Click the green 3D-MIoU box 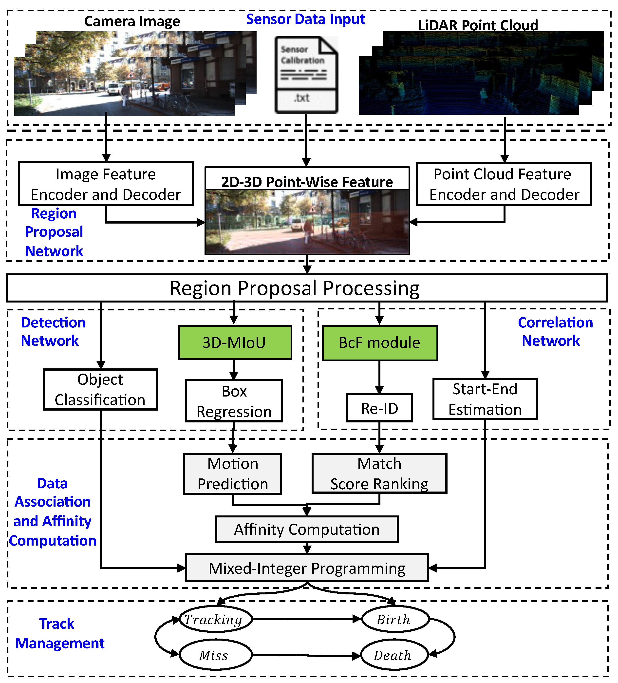(235, 342)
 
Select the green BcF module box (379, 343)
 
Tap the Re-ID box (379, 408)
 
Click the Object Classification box (100, 390)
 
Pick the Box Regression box (234, 401)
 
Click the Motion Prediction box (233, 474)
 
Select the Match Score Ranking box (379, 473)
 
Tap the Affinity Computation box (307, 529)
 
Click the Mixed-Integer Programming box (307, 568)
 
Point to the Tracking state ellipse (215, 619)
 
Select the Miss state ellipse (215, 655)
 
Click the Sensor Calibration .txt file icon (306, 75)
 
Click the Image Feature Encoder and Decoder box (106, 184)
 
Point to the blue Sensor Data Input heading (306, 19)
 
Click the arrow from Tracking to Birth (307, 619)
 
